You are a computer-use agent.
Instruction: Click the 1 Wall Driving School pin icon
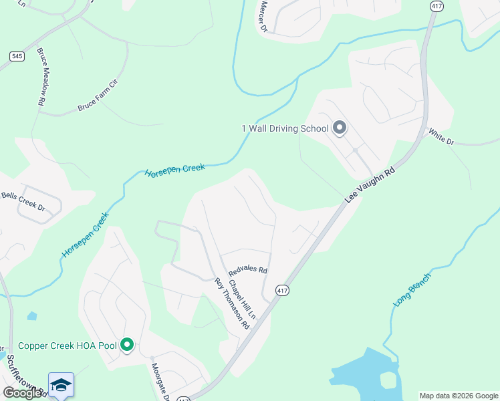[x=339, y=127]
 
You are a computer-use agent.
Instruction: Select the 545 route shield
[x=18, y=56]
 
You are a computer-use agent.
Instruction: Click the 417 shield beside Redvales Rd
[x=282, y=291]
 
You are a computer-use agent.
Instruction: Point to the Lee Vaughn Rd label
[x=370, y=185]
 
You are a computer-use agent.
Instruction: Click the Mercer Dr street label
[x=261, y=19]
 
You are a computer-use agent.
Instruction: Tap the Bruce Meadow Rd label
[x=41, y=77]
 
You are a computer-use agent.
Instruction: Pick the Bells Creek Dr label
[x=23, y=201]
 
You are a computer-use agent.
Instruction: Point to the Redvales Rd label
[x=247, y=271]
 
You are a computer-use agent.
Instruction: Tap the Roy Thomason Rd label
[x=232, y=304]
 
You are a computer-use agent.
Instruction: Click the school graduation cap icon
[x=61, y=385]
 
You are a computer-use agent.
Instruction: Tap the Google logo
[x=22, y=393]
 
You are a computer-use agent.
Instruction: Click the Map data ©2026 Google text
[x=459, y=396]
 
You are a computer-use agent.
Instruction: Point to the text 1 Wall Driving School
[x=285, y=128]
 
